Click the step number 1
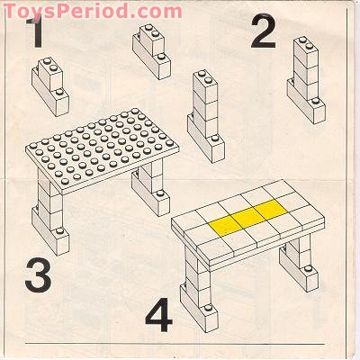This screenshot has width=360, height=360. (x=36, y=33)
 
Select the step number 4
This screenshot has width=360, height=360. (x=157, y=317)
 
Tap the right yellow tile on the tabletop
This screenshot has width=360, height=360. (x=265, y=211)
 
